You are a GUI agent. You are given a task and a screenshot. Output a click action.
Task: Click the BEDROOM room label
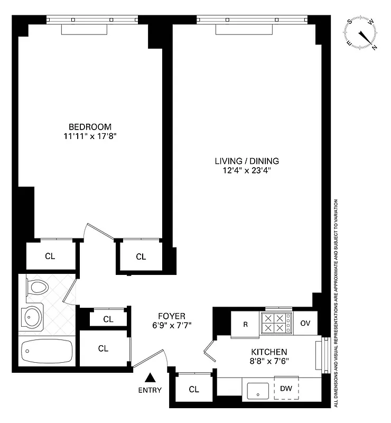[90, 126]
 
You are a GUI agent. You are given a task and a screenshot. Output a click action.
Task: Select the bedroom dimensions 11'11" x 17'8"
[90, 136]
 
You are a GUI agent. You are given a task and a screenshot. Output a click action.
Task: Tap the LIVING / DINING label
[247, 161]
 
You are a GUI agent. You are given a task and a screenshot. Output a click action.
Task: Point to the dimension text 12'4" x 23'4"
[247, 170]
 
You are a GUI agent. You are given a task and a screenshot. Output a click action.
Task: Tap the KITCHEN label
[269, 352]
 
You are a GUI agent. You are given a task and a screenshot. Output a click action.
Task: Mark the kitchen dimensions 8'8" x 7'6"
[269, 361]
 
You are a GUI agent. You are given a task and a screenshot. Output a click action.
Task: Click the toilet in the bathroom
[38, 288]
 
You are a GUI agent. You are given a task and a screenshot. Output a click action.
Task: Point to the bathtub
[46, 351]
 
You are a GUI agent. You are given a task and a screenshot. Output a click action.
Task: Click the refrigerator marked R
[245, 324]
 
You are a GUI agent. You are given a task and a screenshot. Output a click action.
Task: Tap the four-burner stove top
[276, 324]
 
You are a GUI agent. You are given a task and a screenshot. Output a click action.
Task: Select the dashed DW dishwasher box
[286, 389]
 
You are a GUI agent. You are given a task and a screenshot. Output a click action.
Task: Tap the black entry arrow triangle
[151, 378]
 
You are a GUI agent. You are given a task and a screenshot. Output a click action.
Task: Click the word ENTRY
[151, 391]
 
